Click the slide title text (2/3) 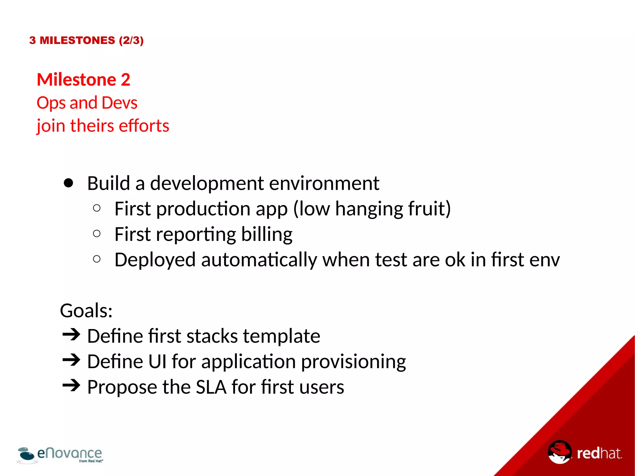131,40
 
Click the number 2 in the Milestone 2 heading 125,80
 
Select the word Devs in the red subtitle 119,103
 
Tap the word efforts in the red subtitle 144,126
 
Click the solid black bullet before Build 68,183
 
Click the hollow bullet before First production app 97,208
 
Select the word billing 267,234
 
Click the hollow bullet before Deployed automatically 97,259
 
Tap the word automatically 259,260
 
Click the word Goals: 86,310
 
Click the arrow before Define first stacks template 71,335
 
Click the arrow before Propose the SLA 71,385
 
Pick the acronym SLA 211,387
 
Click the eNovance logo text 69,453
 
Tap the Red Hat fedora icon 560,452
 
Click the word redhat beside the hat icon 599,453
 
